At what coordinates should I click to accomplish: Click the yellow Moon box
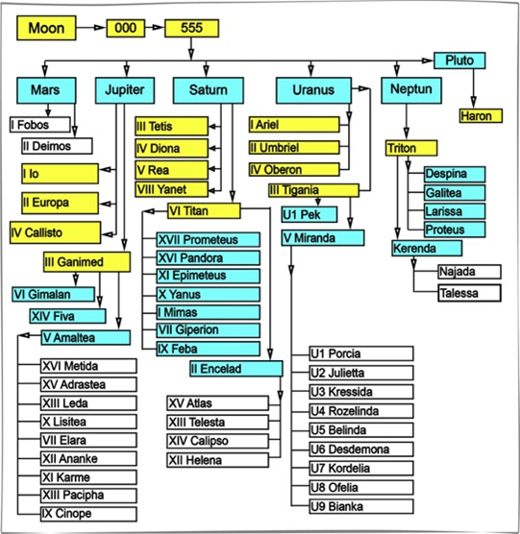[46, 28]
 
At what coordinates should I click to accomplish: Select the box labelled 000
[125, 28]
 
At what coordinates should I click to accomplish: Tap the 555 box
[191, 28]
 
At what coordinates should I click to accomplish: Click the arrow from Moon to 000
[91, 28]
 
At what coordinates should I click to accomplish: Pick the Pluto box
[459, 61]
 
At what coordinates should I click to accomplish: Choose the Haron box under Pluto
[481, 116]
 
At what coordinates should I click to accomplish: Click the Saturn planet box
[209, 90]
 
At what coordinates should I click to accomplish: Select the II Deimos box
[57, 146]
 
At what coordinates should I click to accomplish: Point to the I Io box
[60, 174]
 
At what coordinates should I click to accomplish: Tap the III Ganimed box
[87, 262]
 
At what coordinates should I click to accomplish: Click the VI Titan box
[204, 210]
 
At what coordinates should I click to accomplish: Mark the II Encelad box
[236, 369]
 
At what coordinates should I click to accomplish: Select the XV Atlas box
[217, 403]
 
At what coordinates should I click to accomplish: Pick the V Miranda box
[323, 238]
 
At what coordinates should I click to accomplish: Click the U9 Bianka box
[361, 506]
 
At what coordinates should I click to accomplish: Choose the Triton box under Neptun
[411, 148]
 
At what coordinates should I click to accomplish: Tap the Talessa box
[470, 293]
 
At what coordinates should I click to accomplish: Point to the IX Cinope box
[88, 514]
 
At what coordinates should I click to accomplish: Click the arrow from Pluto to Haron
[473, 89]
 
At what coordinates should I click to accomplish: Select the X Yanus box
[209, 294]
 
